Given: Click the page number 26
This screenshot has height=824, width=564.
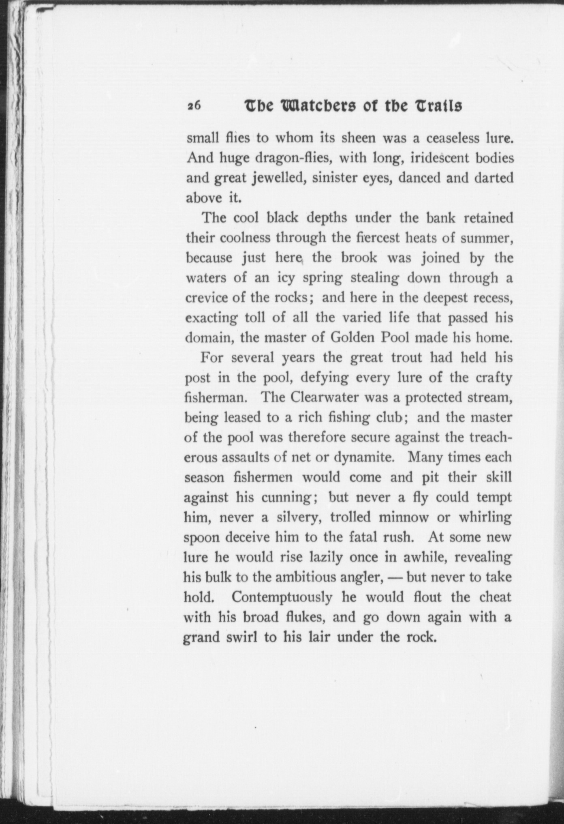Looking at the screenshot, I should point(194,106).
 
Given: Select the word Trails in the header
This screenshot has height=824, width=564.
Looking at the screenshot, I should point(440,106).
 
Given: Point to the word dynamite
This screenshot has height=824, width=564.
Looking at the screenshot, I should point(365,457).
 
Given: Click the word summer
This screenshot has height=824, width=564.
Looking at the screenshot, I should point(489,238).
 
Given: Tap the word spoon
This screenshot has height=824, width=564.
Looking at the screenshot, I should point(202,538).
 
